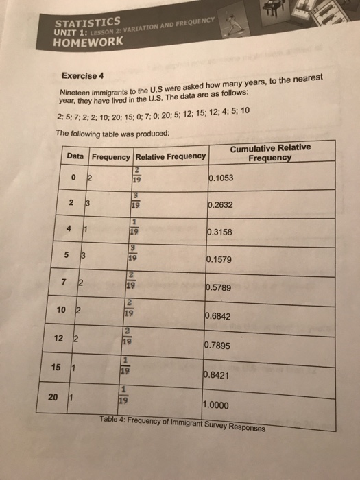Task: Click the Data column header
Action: pyautogui.click(x=76, y=156)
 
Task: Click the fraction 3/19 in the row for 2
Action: pyautogui.click(x=137, y=200)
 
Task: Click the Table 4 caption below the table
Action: pyautogui.click(x=181, y=422)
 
